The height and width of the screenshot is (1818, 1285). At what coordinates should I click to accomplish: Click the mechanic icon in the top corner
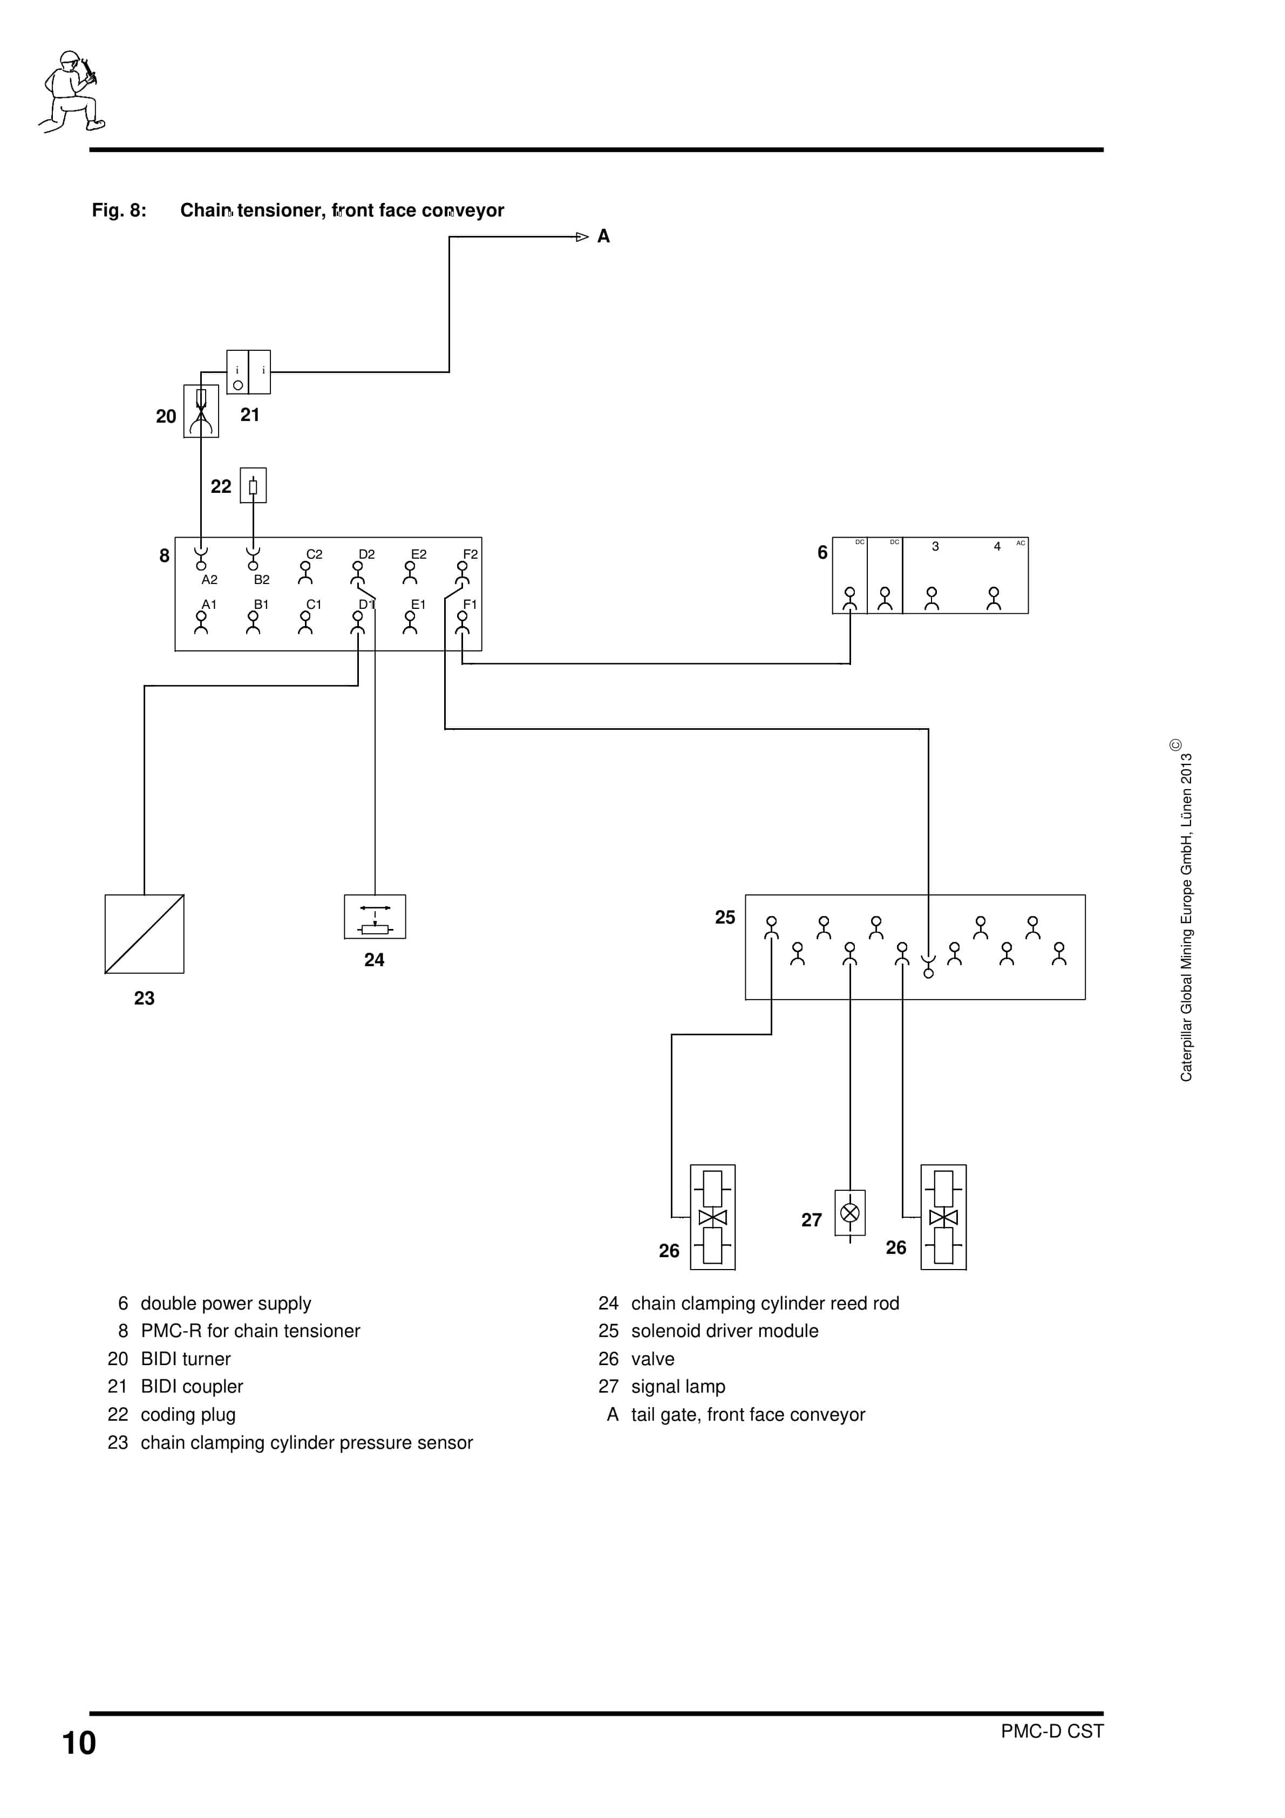pos(71,91)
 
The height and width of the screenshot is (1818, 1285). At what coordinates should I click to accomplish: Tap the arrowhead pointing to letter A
pos(582,237)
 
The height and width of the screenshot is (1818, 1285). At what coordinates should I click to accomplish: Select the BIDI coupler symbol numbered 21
pos(249,371)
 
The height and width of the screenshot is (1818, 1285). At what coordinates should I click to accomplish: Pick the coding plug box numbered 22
pos(253,485)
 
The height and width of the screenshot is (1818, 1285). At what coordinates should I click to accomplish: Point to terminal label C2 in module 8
pos(314,554)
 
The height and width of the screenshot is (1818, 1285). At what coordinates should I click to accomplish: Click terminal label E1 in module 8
pos(418,604)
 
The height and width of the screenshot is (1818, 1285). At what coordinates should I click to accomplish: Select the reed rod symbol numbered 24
pos(375,917)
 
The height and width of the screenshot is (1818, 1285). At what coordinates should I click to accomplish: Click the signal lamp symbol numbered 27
pos(849,1212)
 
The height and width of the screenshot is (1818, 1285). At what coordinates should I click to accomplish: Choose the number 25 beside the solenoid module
pos(724,917)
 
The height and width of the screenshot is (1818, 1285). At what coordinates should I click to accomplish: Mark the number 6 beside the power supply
pos(822,553)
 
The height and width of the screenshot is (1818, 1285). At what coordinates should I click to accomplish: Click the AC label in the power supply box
pos(1020,543)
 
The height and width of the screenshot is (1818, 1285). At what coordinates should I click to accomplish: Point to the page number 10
pos(79,1743)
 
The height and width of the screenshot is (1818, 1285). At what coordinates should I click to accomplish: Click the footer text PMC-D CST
pos(1051,1731)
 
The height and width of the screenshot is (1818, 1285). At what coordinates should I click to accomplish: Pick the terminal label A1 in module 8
pos(209,604)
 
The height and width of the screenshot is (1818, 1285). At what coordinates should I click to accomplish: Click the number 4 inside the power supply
pos(997,546)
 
